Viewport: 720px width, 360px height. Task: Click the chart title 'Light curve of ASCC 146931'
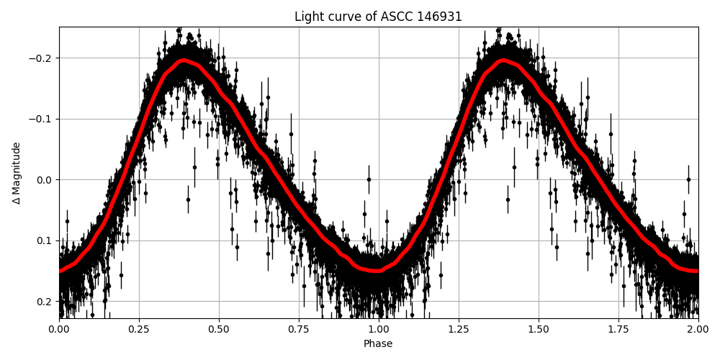pos(378,17)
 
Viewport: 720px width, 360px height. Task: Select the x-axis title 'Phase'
pos(378,344)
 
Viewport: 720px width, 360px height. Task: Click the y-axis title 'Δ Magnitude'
pos(17,173)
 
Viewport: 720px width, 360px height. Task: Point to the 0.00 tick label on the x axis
pos(59,330)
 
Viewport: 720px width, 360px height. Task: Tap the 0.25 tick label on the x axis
pos(139,330)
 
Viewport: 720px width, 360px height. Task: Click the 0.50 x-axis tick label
pos(219,330)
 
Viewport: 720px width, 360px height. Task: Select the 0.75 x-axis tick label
pos(299,330)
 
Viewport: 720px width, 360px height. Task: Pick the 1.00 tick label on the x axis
pos(379,330)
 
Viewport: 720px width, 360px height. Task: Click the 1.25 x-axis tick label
pos(459,330)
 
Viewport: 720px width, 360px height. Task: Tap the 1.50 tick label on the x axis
pos(539,330)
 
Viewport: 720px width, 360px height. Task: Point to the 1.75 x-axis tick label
pos(618,330)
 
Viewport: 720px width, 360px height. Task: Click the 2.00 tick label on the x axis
pos(698,330)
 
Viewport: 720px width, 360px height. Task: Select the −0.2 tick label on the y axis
pos(40,58)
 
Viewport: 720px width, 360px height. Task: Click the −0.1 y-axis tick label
pos(40,119)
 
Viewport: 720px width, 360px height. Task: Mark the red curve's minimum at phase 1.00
pos(379,271)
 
